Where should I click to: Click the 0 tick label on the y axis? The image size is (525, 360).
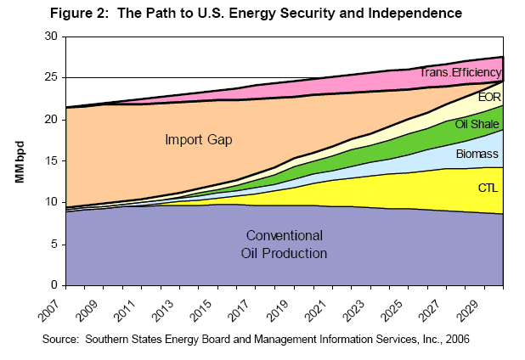(x=53, y=285)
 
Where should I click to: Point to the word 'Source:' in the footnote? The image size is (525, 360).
(x=88, y=339)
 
